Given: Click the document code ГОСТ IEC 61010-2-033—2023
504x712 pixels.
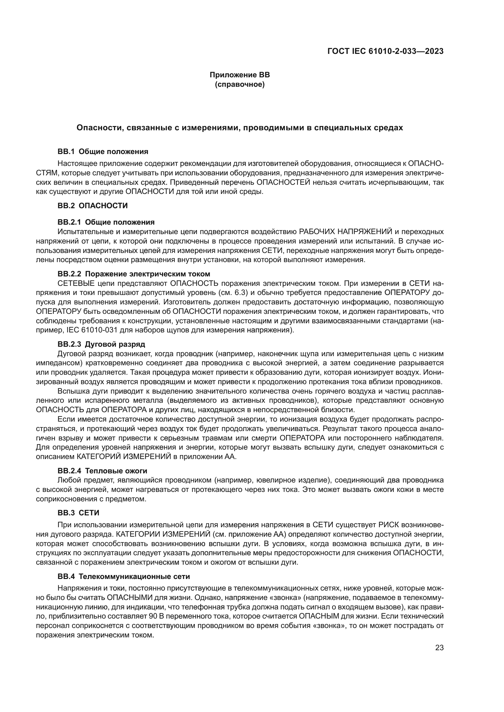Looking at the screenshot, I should point(385,51).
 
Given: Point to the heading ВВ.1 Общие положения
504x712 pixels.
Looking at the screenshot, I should point(103,152).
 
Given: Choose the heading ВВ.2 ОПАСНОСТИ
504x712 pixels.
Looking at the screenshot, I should point(93,205).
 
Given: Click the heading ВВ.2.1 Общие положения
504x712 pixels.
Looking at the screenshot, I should point(106,222).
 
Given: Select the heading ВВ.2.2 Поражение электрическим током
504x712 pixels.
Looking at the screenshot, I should point(134,274).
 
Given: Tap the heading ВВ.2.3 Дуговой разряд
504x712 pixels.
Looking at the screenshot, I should point(101,344).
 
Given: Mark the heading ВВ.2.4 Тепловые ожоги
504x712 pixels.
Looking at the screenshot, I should point(102,471).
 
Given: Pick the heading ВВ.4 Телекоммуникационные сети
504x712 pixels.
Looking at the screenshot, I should point(123,577).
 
